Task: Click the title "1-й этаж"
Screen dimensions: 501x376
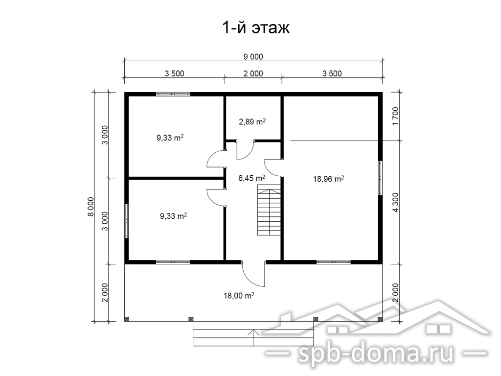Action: point(255,28)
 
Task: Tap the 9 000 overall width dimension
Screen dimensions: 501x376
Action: point(253,57)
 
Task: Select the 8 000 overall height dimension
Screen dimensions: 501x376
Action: point(91,207)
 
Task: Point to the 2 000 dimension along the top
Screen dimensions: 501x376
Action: point(253,73)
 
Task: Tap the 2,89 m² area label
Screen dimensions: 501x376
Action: point(252,121)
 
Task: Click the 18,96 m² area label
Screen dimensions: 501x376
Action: point(328,179)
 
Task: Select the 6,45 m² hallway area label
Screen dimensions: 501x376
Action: point(251,178)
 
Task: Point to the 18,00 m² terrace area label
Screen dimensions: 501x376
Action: point(239,295)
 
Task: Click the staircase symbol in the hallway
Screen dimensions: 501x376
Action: point(270,211)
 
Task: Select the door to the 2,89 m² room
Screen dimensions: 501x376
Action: point(246,150)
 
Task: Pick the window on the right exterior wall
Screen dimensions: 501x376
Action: point(380,178)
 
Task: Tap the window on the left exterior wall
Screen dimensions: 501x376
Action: point(127,221)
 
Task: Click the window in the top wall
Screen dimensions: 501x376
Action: point(173,94)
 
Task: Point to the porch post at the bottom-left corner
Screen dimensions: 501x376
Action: point(127,319)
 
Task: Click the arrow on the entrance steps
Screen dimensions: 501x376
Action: point(253,338)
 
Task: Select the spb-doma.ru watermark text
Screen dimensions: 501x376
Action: point(376,354)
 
